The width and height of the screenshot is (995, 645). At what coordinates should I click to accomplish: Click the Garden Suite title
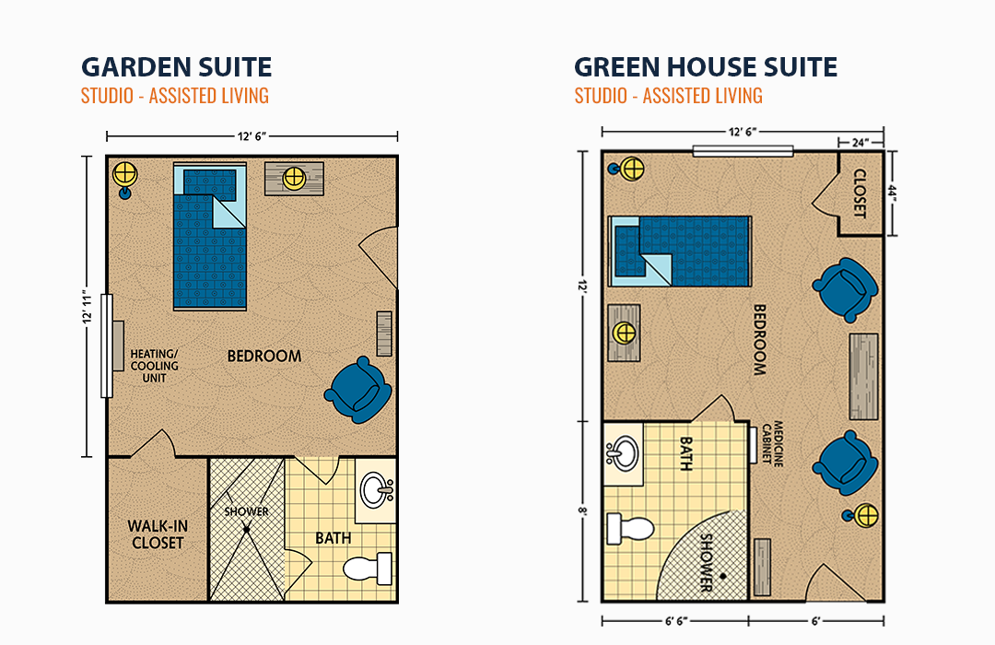click(x=176, y=66)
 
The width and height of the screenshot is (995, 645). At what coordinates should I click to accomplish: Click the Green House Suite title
click(x=706, y=66)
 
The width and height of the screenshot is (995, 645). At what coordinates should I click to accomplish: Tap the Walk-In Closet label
click(x=158, y=534)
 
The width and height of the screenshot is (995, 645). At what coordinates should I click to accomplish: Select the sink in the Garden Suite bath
click(x=377, y=490)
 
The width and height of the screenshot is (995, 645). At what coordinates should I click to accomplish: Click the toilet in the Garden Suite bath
click(x=368, y=568)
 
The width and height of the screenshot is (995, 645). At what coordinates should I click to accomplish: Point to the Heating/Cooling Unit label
click(x=154, y=366)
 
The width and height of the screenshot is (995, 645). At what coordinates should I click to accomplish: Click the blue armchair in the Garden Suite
click(x=357, y=390)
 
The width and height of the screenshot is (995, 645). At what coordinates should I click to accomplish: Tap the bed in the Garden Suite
click(x=209, y=237)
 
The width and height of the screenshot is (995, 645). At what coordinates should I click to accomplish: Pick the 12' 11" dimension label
click(x=87, y=309)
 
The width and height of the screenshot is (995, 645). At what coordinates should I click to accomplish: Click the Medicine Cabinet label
click(x=772, y=443)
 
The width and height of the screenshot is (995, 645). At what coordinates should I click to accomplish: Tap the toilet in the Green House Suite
click(x=630, y=529)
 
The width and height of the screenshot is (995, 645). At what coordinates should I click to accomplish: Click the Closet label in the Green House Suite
click(x=860, y=193)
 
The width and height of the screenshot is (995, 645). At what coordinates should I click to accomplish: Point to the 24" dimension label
click(x=860, y=142)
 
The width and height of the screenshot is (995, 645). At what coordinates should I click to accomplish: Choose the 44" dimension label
click(x=892, y=193)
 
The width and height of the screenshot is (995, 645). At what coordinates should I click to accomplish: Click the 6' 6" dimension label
click(x=676, y=621)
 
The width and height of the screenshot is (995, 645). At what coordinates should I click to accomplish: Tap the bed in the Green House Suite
click(x=680, y=251)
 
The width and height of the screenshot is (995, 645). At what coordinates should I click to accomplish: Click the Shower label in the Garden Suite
click(x=246, y=511)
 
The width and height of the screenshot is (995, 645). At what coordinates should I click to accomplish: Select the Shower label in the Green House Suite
click(x=706, y=562)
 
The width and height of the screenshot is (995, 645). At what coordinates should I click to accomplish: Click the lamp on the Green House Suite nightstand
click(x=623, y=333)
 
